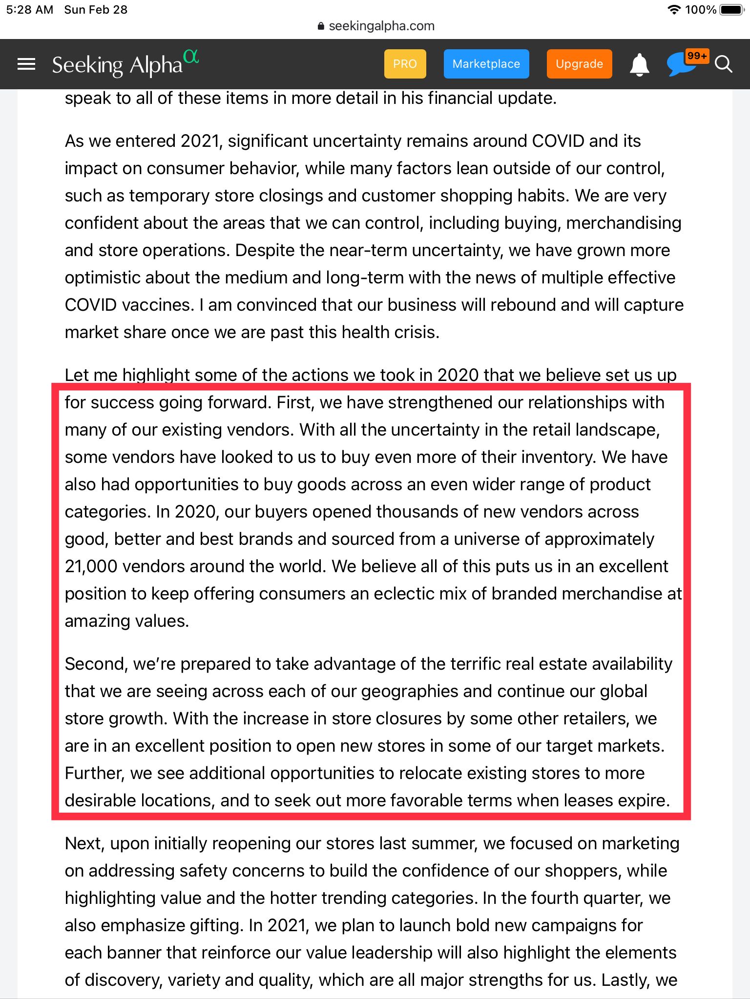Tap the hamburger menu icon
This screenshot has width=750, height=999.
click(x=26, y=64)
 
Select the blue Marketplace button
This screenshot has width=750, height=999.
click(x=486, y=64)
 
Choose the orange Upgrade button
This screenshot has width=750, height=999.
click(x=579, y=64)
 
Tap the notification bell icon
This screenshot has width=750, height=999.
click(x=639, y=64)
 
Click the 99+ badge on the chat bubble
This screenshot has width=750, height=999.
click(x=697, y=56)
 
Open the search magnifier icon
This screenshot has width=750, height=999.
click(x=723, y=64)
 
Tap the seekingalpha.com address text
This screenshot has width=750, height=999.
click(x=381, y=26)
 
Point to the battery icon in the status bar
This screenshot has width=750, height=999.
click(x=731, y=10)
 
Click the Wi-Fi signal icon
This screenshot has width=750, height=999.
click(x=674, y=10)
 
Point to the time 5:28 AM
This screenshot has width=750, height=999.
click(x=29, y=10)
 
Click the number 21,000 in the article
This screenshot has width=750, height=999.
click(x=91, y=566)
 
